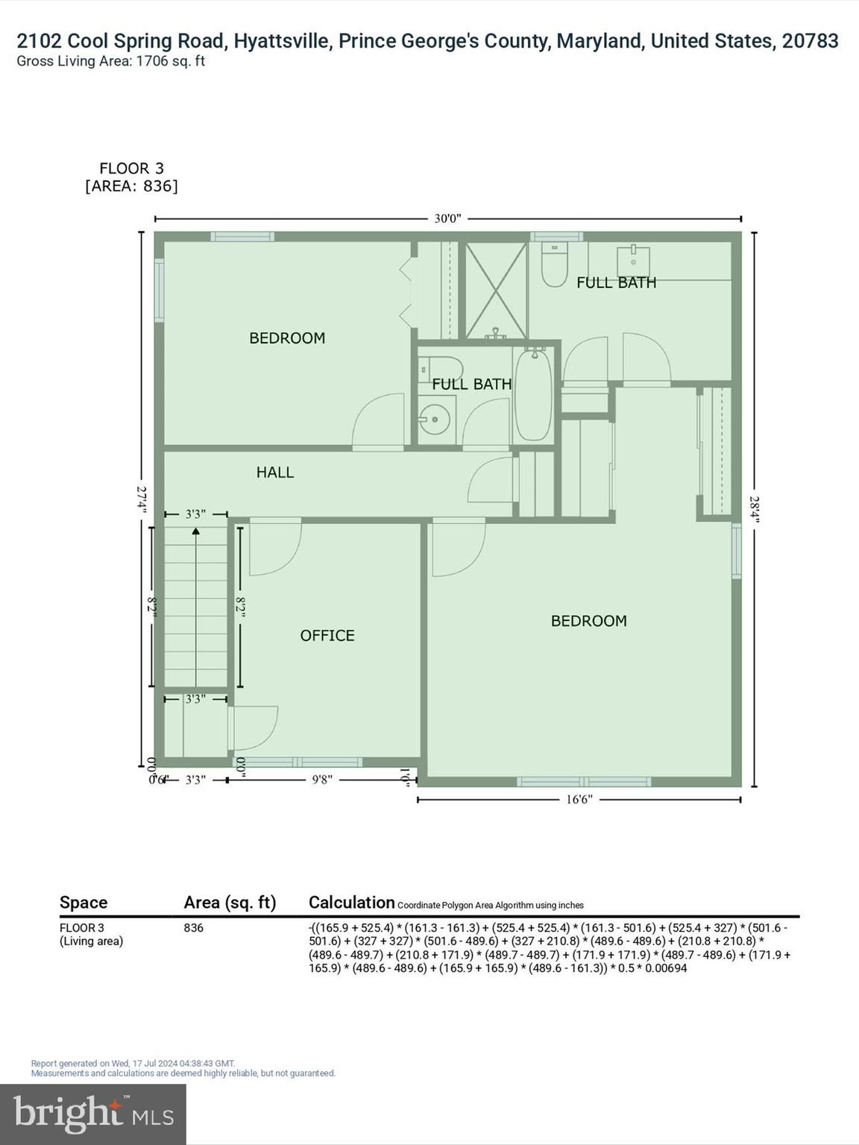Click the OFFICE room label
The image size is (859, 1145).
pyautogui.click(x=327, y=635)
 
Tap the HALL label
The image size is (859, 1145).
pyautogui.click(x=274, y=472)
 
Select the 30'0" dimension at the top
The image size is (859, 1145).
pyautogui.click(x=447, y=218)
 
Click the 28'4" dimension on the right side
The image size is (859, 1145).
pyautogui.click(x=754, y=511)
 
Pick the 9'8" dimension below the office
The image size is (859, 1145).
pyautogui.click(x=321, y=780)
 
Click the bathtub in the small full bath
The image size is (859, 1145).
pyautogui.click(x=533, y=395)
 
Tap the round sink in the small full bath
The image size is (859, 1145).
pyautogui.click(x=434, y=420)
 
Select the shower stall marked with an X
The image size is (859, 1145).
pyautogui.click(x=496, y=290)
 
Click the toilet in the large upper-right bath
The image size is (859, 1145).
pyautogui.click(x=554, y=265)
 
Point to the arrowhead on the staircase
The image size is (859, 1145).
pyautogui.click(x=195, y=532)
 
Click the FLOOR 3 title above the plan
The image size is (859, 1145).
pyautogui.click(x=131, y=168)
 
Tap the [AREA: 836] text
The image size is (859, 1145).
pyautogui.click(x=131, y=186)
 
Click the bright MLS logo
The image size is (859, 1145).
pyautogui.click(x=93, y=1114)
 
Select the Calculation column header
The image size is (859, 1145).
pyautogui.click(x=351, y=902)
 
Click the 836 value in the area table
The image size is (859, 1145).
pyautogui.click(x=193, y=928)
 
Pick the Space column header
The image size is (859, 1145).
pyautogui.click(x=84, y=903)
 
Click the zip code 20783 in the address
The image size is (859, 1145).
pyautogui.click(x=810, y=41)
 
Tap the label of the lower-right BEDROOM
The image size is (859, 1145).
pyautogui.click(x=588, y=621)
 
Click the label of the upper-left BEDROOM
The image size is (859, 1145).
pyautogui.click(x=287, y=338)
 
